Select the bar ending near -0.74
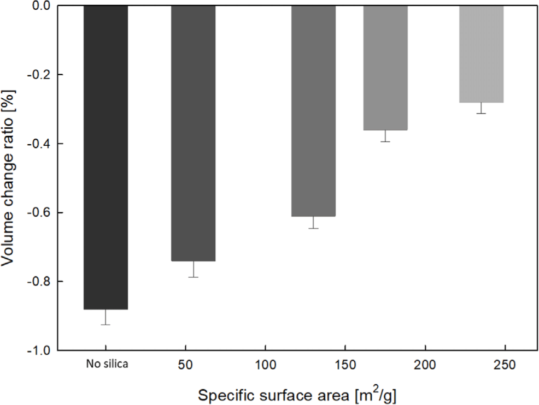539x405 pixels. coord(193,133)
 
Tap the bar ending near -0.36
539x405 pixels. coord(385,68)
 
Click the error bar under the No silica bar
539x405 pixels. coord(106,317)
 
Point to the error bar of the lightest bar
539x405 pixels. coord(481,108)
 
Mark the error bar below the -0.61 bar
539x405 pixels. coord(313,223)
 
